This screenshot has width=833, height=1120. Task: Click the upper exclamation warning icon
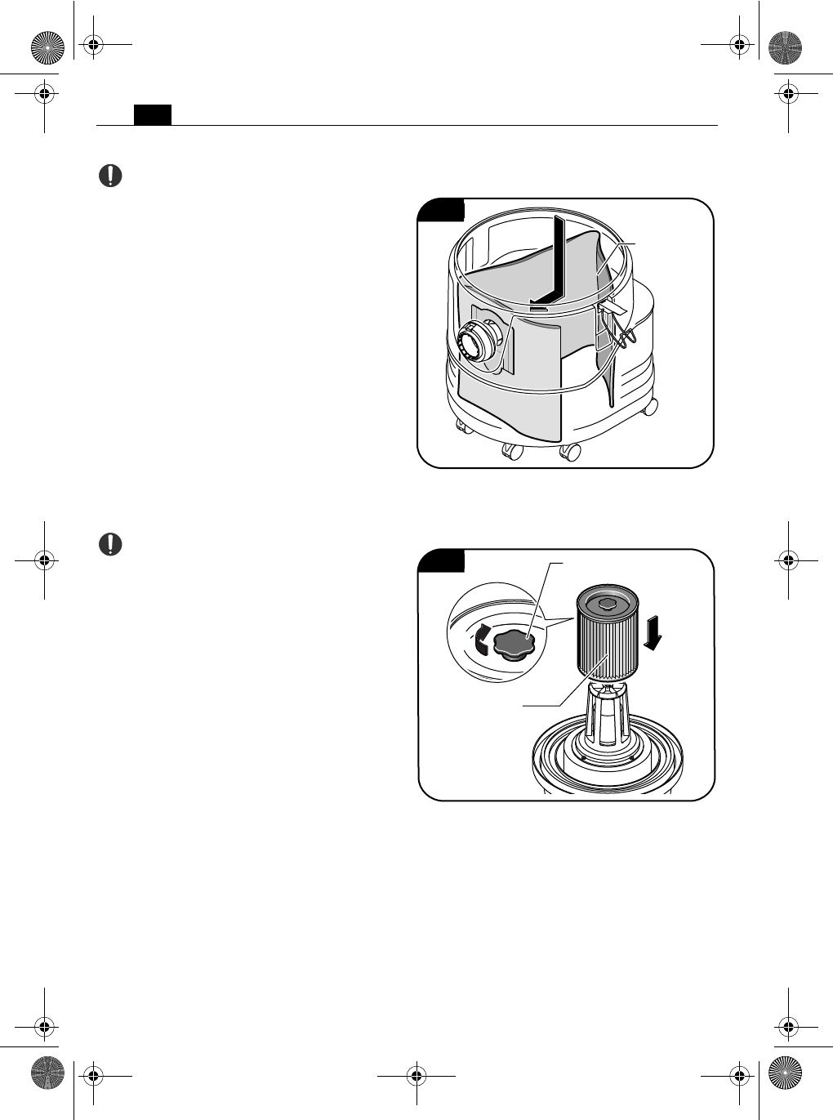[x=111, y=176]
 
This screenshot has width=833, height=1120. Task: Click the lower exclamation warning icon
[x=111, y=543]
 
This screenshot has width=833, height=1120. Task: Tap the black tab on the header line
[x=153, y=114]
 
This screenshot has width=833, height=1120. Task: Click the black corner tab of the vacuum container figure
[x=441, y=210]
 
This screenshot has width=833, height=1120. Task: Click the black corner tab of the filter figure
[x=441, y=560]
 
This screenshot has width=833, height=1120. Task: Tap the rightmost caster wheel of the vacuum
[x=650, y=405]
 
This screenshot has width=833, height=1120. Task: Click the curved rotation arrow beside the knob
[x=482, y=638]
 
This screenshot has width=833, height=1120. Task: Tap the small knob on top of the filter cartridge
[x=606, y=602]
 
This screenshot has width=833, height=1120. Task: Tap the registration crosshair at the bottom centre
[x=416, y=1073]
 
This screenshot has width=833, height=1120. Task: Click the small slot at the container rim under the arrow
[x=539, y=309]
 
